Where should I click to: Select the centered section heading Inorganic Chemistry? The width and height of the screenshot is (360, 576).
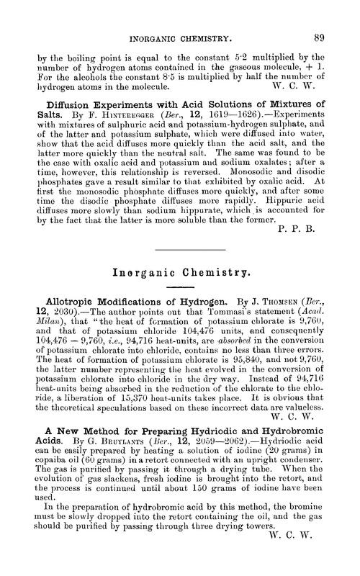(180, 274)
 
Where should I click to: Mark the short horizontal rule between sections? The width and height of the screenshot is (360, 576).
(180, 249)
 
